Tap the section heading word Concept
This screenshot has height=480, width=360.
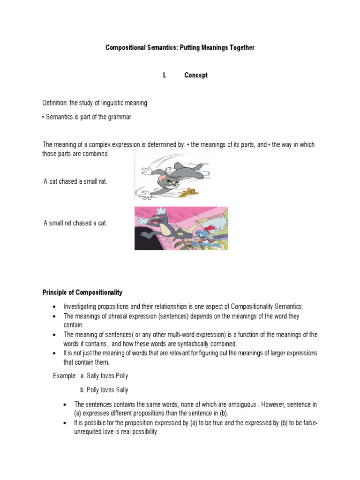196,75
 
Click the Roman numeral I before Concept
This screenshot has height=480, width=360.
165,75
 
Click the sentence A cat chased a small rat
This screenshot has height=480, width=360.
75,181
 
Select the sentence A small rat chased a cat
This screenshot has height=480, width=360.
75,223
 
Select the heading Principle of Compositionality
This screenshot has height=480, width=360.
82,292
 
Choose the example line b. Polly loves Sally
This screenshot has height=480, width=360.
104,390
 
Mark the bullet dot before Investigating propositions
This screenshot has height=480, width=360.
55,307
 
